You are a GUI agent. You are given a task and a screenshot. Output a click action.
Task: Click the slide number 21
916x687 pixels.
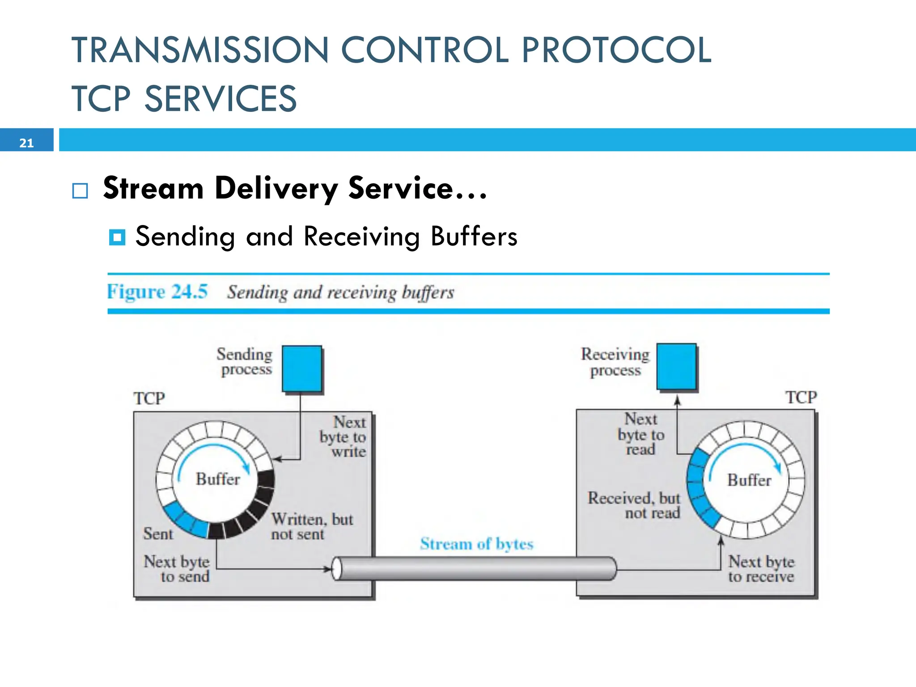point(26,143)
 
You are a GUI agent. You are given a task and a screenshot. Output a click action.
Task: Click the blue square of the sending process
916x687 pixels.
point(302,369)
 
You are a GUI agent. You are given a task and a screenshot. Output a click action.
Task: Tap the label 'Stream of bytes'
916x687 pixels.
point(477,544)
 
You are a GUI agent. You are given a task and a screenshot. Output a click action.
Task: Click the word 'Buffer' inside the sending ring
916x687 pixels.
point(218,479)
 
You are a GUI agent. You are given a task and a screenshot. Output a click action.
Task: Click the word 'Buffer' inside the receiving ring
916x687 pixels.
point(749,480)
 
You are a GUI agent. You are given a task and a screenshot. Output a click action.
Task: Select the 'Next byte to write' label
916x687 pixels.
point(343,437)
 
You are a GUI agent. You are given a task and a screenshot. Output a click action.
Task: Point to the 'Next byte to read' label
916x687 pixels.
point(641,434)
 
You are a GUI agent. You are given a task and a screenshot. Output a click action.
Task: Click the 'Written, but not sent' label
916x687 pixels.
point(312,526)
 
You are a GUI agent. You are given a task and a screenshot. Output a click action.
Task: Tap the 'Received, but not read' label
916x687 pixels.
point(634,505)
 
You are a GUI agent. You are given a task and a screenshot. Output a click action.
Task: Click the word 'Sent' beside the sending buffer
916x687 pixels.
point(158,534)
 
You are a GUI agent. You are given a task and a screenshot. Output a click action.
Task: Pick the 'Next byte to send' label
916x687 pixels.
point(177,568)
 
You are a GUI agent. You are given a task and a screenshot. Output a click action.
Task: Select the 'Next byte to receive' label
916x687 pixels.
point(761,568)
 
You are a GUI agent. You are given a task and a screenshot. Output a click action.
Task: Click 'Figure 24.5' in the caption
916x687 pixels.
point(157,292)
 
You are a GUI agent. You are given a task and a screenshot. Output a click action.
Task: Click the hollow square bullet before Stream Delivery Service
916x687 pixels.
point(80,191)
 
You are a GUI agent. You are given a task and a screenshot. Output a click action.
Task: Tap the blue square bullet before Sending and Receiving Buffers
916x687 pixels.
point(117,237)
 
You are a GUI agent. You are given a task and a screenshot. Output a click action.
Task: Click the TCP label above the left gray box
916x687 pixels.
point(149,398)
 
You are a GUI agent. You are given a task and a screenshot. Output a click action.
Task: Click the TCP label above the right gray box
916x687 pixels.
point(801,397)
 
